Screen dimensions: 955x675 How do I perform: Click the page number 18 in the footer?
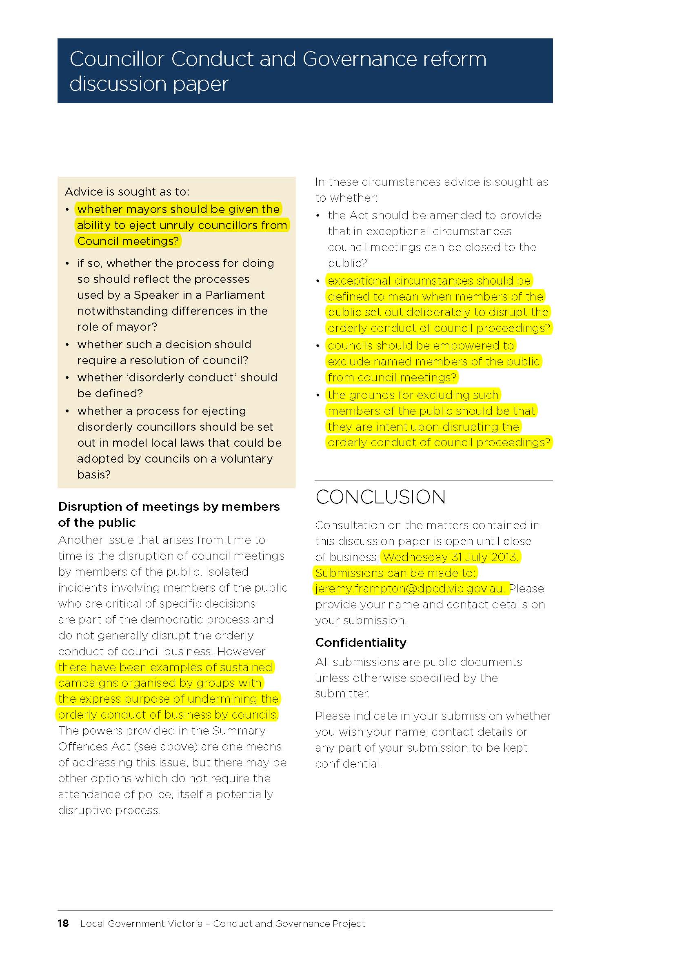tap(63, 924)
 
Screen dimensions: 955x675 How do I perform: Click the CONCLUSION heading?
tap(380, 497)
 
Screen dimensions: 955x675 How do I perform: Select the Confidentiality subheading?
tap(361, 642)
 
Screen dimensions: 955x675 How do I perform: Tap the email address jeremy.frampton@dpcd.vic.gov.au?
tap(409, 589)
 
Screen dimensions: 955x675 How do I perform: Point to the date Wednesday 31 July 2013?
tap(451, 557)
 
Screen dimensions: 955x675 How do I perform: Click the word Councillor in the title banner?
tap(117, 59)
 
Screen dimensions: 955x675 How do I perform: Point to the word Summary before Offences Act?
tap(239, 730)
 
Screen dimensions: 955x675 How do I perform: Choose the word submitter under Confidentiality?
tap(342, 693)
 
